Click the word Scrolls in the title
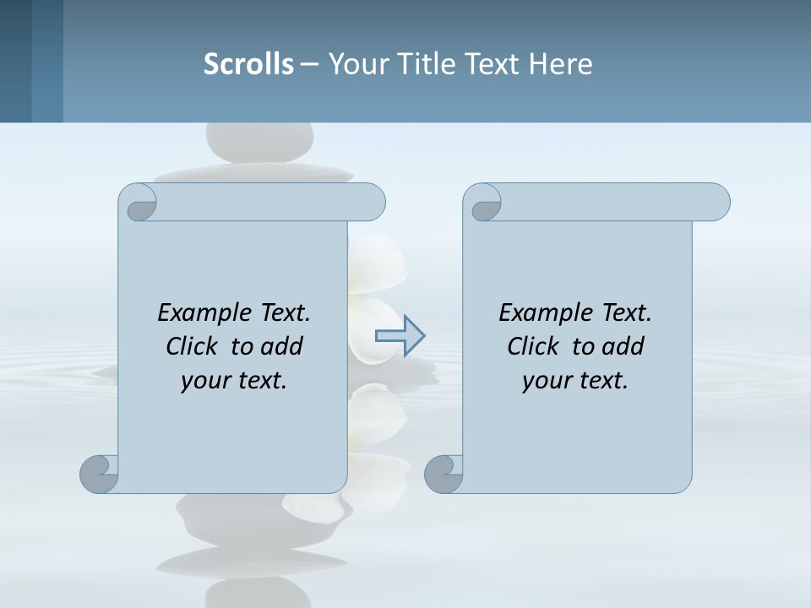click(248, 64)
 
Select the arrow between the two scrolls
click(400, 336)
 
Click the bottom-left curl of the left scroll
click(100, 473)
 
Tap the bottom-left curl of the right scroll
click(444, 473)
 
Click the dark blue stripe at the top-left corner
click(16, 61)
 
